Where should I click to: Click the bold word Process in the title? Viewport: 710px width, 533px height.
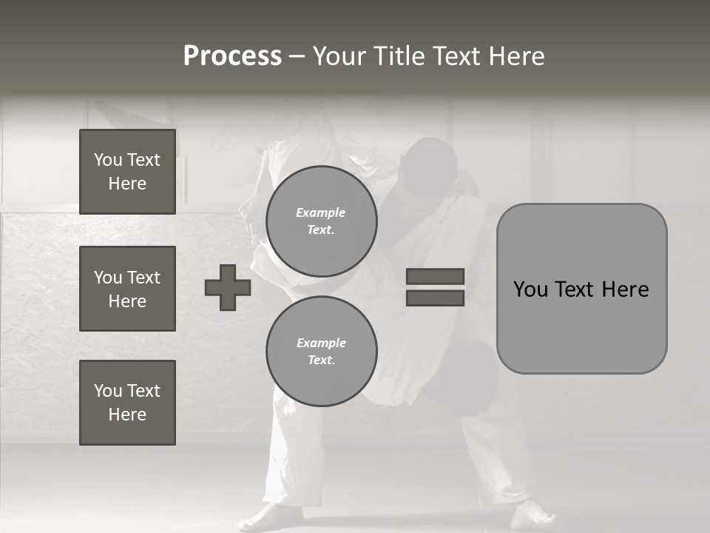pos(232,56)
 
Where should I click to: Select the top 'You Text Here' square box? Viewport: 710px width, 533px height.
pos(127,172)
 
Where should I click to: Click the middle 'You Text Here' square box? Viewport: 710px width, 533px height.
pos(127,289)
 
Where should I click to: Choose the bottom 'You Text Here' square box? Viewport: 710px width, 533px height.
pos(127,403)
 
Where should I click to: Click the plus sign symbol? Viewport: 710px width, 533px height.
pos(228,287)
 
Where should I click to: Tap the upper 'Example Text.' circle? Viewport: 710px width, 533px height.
pos(322,221)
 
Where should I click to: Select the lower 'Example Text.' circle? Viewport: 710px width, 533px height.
pos(322,352)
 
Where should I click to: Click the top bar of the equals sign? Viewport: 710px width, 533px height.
pos(435,276)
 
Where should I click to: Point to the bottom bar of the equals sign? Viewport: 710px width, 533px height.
pos(435,298)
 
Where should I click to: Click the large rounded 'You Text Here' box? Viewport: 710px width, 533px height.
pos(581,289)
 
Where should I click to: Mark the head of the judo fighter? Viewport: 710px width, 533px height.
pos(429,167)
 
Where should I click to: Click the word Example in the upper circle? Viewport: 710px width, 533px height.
pos(321,212)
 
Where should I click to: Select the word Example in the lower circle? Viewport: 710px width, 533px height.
pos(321,343)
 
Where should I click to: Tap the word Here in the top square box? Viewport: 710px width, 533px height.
pos(127,184)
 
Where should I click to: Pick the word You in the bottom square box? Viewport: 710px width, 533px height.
pos(108,391)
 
